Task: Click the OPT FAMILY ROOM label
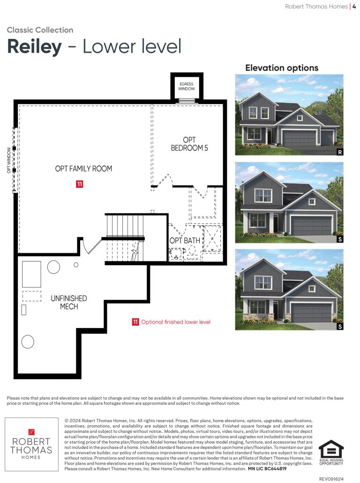point(83,169)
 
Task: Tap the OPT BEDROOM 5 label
point(189,144)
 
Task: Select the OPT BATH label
point(185,241)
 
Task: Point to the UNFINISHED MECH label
point(69,303)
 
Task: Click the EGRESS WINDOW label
point(187,86)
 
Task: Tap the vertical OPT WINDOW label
point(9,160)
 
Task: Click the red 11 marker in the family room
point(80,184)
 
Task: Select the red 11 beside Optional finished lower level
point(135,322)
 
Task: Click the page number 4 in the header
point(354,7)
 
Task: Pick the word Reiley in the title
point(35,46)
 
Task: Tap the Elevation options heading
point(282,68)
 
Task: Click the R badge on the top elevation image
point(340,152)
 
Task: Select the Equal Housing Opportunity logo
point(331,452)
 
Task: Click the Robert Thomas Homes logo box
point(31,444)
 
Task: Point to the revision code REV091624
point(331,479)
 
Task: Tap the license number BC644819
point(275,468)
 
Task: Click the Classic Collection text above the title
point(40,30)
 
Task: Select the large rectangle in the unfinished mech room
point(31,274)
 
